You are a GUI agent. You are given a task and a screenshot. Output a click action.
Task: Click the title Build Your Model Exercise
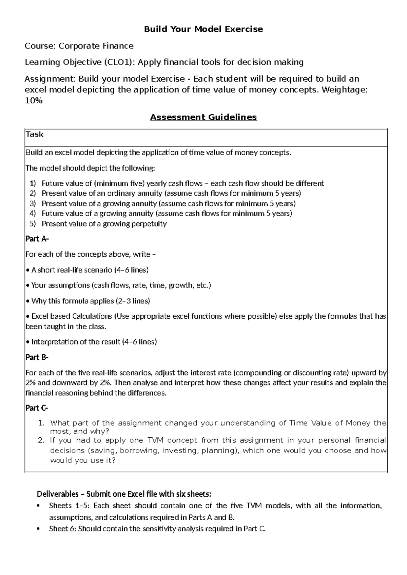[203, 29]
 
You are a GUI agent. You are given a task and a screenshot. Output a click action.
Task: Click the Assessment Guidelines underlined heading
[203, 117]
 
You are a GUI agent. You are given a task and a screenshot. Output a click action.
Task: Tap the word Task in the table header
[35, 134]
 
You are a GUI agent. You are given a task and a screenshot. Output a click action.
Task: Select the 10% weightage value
[34, 101]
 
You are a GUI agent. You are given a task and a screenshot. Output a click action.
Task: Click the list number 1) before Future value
[33, 183]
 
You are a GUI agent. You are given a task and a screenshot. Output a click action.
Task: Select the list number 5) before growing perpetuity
[33, 224]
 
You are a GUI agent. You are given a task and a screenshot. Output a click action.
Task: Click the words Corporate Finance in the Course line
[96, 46]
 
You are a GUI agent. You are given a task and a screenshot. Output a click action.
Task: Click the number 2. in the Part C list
[41, 440]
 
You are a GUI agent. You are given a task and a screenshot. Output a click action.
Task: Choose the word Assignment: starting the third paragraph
[51, 79]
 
